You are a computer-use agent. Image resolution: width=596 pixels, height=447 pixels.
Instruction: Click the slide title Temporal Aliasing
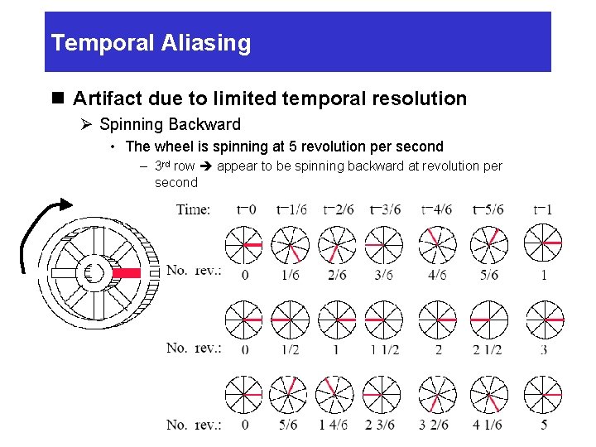coord(151,43)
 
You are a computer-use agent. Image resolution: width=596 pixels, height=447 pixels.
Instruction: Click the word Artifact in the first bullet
coord(103,99)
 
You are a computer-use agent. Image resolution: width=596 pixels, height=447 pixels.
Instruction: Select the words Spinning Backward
coord(170,125)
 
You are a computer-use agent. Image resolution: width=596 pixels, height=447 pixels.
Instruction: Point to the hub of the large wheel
coord(94,272)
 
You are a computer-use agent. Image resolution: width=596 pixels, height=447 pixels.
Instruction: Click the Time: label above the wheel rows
coord(193,209)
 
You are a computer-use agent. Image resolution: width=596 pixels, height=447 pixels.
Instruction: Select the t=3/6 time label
coord(385,209)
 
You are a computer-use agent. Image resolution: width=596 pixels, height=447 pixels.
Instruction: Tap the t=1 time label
coord(544,209)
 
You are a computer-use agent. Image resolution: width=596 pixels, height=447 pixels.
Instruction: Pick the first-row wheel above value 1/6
coord(290,243)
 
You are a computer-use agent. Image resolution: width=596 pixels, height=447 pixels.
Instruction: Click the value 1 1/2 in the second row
coord(385,349)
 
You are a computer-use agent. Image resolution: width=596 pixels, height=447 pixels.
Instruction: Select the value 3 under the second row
coord(544,349)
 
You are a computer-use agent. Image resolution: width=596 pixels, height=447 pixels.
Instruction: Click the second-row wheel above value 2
coord(438,319)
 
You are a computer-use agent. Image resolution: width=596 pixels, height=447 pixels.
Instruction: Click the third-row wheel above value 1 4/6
coord(336,394)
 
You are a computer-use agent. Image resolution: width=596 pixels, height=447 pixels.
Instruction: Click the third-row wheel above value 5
coord(544,394)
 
